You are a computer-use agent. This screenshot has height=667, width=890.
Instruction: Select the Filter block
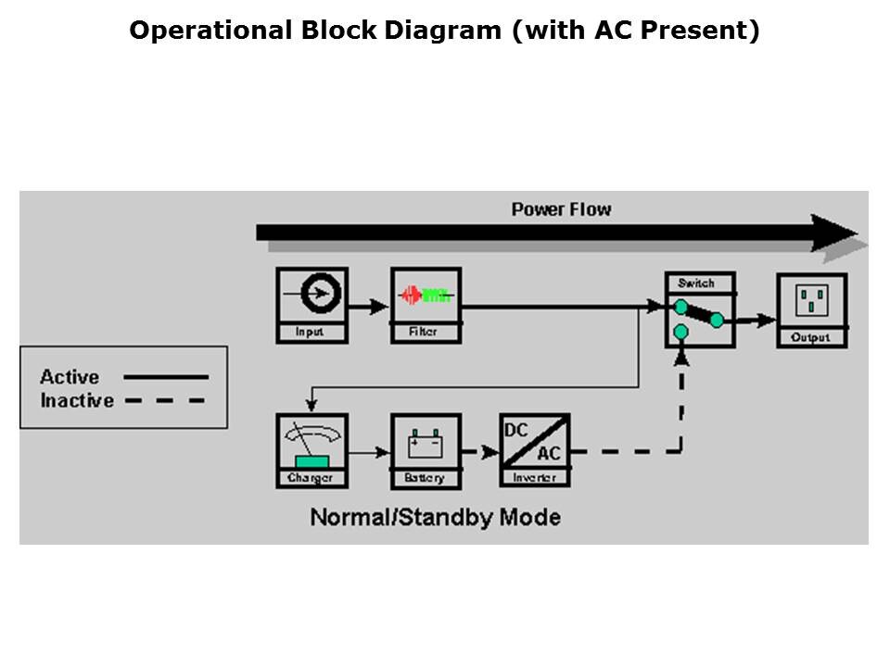(426, 305)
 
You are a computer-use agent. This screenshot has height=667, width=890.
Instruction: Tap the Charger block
(312, 450)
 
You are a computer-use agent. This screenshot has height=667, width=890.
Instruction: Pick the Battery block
(426, 450)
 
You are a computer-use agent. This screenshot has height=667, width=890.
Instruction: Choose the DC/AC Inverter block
(535, 450)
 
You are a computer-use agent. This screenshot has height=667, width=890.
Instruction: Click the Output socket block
(812, 310)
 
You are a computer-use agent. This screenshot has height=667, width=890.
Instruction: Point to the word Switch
(696, 283)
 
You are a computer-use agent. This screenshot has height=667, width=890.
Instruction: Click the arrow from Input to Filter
(369, 307)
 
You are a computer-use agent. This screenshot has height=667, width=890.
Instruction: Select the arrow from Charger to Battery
(370, 453)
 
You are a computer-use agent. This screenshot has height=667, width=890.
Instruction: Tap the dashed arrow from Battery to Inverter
(480, 452)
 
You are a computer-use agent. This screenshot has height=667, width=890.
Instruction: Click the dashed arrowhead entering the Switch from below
(681, 358)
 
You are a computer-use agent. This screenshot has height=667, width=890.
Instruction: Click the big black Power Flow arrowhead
(833, 233)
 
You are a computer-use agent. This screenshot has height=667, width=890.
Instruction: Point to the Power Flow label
(562, 209)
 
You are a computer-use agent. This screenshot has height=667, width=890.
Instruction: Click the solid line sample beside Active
(166, 377)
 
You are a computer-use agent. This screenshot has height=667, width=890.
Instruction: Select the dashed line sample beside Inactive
(165, 400)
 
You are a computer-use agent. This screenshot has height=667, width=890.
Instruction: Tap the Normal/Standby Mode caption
(436, 517)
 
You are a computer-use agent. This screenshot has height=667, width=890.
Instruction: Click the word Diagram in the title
(443, 31)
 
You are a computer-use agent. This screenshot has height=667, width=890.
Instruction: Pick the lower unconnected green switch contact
(680, 332)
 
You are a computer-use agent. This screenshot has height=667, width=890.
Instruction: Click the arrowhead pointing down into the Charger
(311, 405)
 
